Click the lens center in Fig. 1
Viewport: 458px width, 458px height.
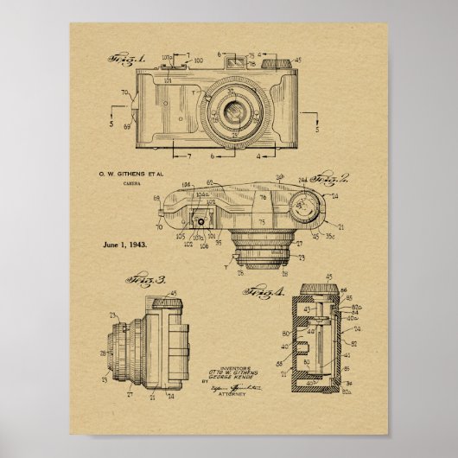(232, 110)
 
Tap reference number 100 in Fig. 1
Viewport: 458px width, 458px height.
(200, 60)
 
